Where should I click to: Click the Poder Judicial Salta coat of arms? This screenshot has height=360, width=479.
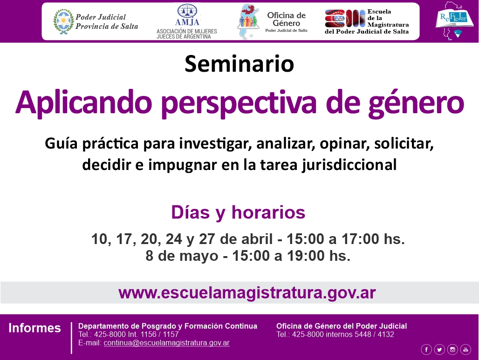point(63,21)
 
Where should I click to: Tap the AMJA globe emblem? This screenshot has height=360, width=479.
point(187,11)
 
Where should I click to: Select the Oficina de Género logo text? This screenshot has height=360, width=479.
point(286,22)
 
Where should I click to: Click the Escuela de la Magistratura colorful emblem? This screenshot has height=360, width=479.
point(345,19)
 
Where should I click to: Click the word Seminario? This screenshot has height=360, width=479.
point(239,64)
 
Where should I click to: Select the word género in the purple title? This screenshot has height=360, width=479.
point(416,103)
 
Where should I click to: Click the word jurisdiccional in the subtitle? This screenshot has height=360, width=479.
point(349,165)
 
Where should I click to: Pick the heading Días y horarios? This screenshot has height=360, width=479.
point(238,212)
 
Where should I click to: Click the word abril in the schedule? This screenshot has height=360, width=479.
point(257,239)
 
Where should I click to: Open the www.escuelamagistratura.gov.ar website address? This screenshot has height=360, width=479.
point(247,293)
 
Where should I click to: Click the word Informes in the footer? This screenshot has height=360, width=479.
point(34,328)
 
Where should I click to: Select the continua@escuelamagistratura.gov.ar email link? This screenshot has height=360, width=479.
point(166,343)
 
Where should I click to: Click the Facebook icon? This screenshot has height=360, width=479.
point(426,349)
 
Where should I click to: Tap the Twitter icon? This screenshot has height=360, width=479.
point(439,349)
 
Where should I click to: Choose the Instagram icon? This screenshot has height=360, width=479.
point(452,349)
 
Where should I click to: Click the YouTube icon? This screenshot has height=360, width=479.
point(465,349)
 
